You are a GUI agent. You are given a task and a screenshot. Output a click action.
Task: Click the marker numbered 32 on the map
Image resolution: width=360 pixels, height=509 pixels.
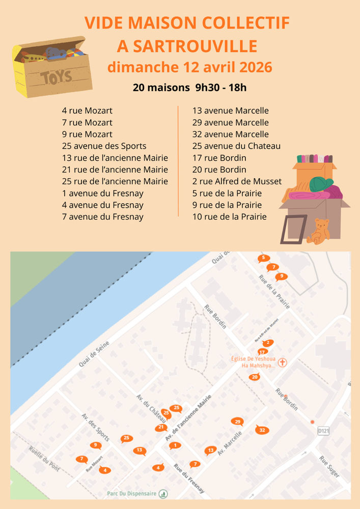coord(262,430)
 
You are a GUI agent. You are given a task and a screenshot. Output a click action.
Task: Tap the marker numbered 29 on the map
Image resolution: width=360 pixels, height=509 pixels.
coord(237,421)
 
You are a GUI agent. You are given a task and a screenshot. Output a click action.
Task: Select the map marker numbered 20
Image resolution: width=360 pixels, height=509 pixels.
coord(255,377)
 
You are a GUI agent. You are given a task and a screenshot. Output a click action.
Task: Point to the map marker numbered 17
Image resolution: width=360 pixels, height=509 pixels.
coord(263,351)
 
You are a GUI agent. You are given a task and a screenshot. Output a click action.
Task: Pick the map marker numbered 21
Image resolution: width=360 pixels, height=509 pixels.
coord(161,427)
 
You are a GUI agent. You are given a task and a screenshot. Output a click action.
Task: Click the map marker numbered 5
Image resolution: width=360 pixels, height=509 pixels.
coord(263,258)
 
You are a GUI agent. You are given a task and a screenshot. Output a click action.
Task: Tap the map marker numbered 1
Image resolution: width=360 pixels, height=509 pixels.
coord(175,445)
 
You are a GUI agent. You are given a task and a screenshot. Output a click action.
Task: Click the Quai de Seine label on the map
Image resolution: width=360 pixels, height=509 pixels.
coord(94,354)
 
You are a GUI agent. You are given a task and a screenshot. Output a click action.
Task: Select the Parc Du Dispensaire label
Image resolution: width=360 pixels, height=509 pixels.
coord(131,493)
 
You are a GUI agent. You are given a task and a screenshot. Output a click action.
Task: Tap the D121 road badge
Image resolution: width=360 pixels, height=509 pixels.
coord(323,431)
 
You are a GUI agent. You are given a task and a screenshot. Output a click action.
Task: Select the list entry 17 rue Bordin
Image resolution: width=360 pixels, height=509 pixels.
coord(219,158)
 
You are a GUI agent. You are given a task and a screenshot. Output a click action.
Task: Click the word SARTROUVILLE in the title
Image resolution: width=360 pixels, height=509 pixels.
coord(187,46)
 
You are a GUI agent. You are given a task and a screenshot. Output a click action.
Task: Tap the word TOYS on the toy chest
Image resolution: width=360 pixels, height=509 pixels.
coord(57,77)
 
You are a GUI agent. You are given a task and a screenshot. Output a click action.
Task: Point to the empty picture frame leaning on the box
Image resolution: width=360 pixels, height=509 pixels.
coord(293,229)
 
